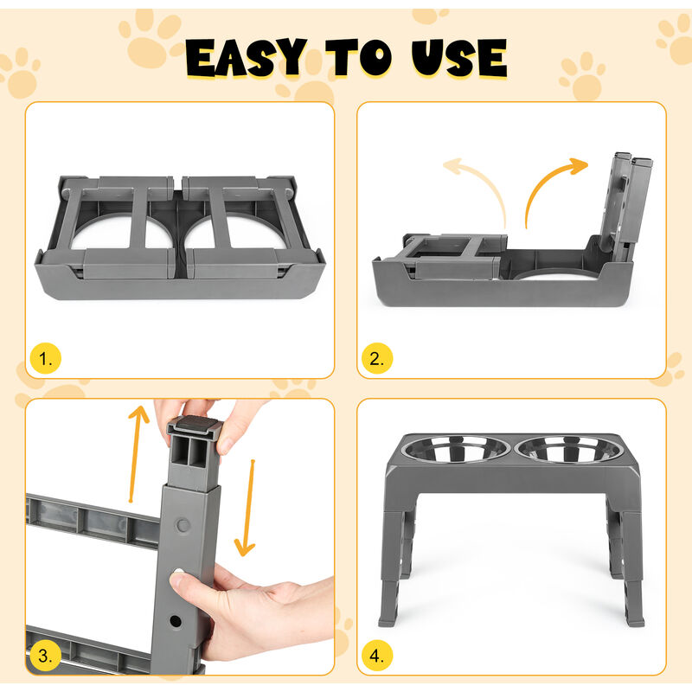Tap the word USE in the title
459,58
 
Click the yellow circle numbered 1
46,358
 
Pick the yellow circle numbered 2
377,358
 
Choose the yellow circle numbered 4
377,656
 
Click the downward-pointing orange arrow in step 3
248,508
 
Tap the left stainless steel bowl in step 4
456,449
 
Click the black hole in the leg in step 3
176,621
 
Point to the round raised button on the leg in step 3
183,525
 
